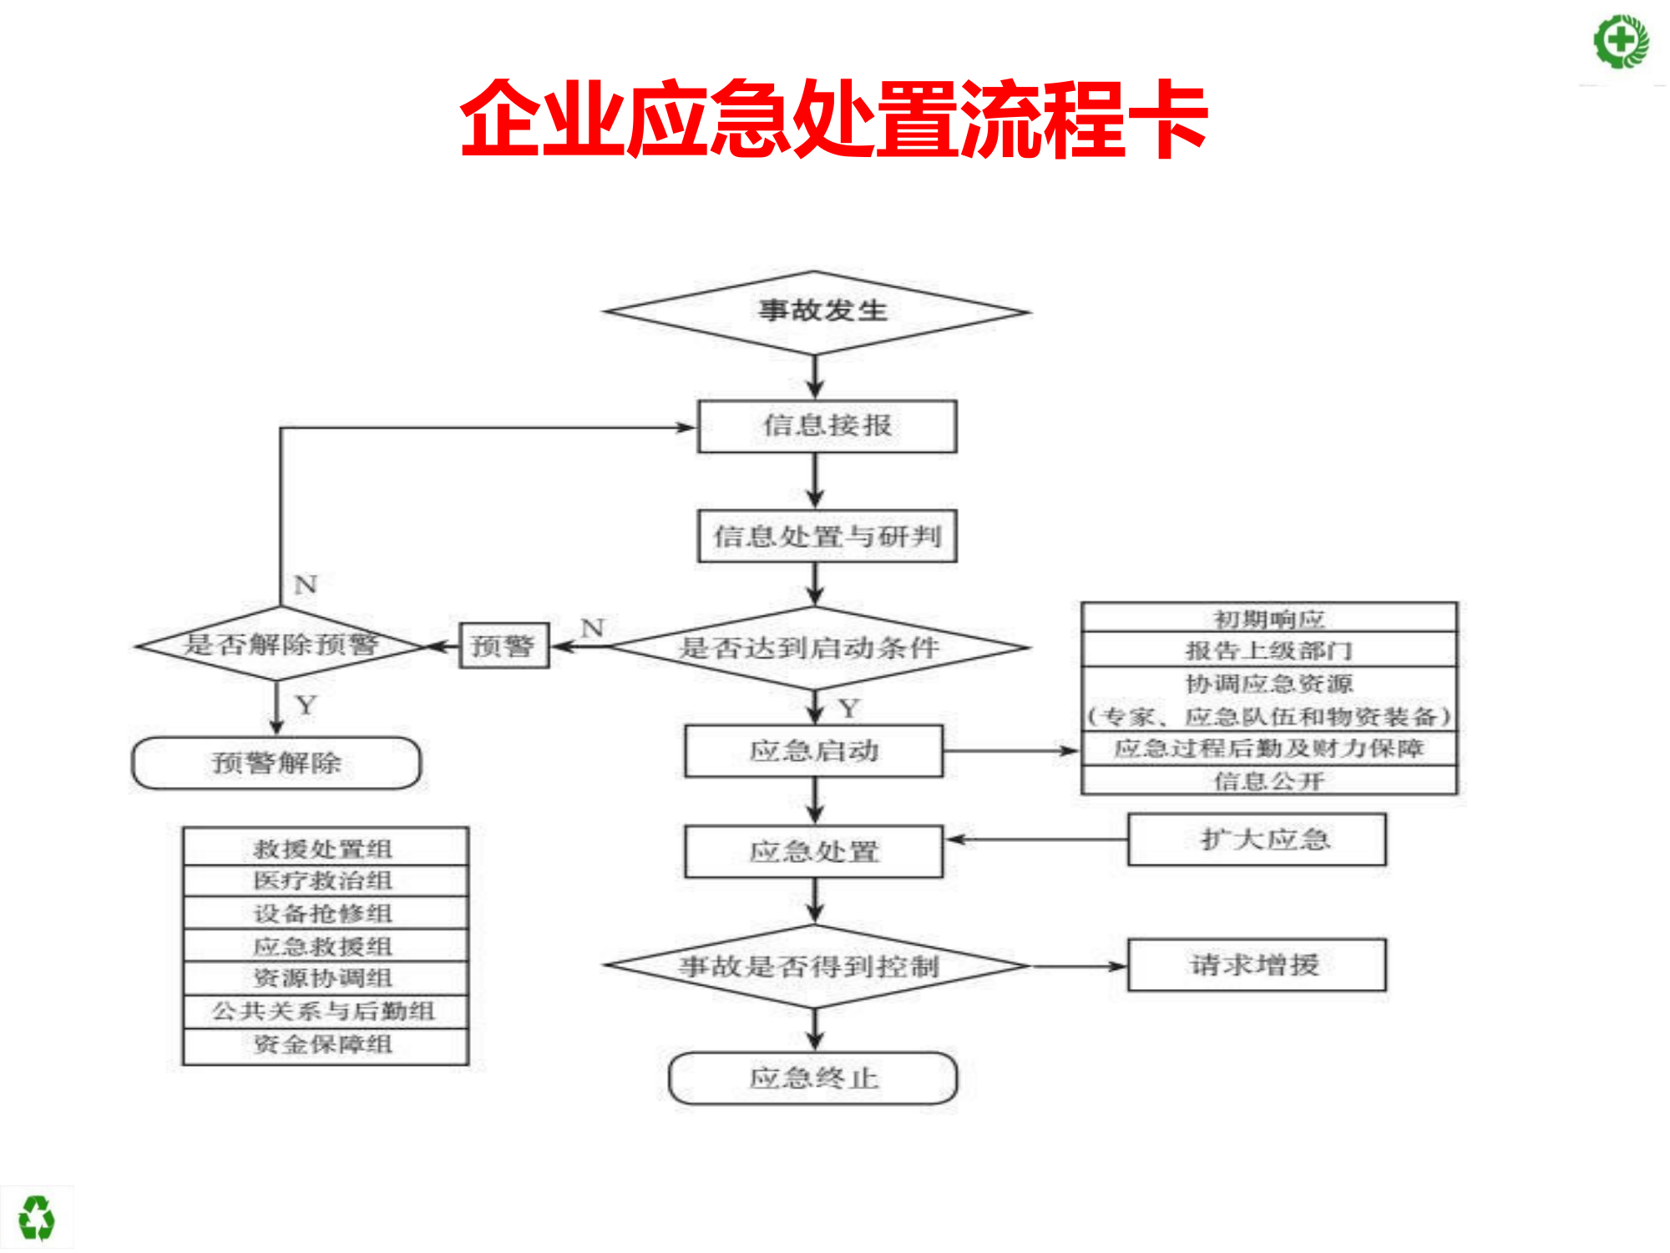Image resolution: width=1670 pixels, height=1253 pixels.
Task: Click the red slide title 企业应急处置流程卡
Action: tap(833, 119)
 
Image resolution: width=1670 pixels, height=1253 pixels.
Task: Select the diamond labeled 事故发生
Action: tap(817, 312)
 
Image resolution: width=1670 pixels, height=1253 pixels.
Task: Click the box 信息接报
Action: tap(827, 426)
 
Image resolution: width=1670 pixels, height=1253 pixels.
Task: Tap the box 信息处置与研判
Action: tap(827, 536)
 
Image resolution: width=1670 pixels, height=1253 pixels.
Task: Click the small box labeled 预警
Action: tap(504, 646)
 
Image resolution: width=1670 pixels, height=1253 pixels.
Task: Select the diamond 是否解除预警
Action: tap(280, 645)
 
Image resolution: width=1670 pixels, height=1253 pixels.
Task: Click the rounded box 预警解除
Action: tap(276, 763)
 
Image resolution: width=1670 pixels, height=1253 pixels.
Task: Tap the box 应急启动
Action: tap(814, 751)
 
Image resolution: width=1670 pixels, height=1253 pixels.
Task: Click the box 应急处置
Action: tap(814, 852)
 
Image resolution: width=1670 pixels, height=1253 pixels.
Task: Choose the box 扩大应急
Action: tap(1257, 840)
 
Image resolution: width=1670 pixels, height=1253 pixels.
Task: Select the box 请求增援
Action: tap(1257, 966)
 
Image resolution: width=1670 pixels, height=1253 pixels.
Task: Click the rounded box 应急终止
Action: tap(814, 1078)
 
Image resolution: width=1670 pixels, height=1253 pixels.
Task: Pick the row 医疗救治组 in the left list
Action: tap(325, 880)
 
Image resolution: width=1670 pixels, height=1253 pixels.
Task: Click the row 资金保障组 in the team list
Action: tap(325, 1045)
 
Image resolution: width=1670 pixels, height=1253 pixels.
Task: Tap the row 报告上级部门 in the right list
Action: tap(1268, 650)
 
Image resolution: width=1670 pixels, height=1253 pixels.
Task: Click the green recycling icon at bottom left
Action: tap(36, 1218)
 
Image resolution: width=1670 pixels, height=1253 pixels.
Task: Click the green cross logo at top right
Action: tap(1621, 41)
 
